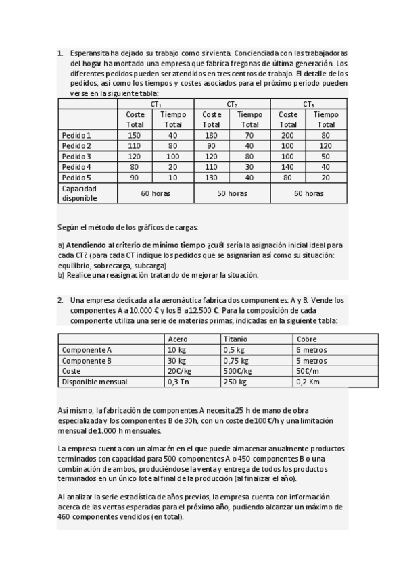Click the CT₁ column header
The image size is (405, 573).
click(x=156, y=105)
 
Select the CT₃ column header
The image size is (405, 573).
click(x=308, y=105)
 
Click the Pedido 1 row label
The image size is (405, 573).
click(x=76, y=136)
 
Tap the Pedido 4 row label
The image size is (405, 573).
click(x=76, y=167)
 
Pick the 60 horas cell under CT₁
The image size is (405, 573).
click(x=156, y=193)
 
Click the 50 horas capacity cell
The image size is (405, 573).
click(x=232, y=193)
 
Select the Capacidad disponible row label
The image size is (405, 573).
click(x=80, y=193)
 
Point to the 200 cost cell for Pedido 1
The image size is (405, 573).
click(x=288, y=136)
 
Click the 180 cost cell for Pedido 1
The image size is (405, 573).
click(x=212, y=136)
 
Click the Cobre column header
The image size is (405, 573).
click(x=306, y=339)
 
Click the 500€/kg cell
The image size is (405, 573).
click(x=238, y=371)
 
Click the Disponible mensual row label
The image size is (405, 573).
click(x=95, y=382)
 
